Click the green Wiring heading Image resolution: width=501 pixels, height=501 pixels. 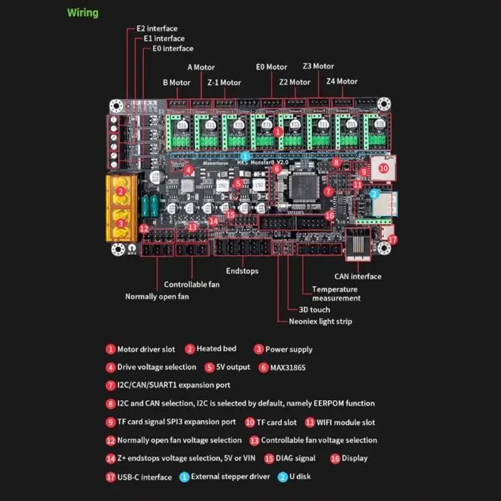[83, 13]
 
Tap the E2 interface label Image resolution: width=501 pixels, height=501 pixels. [157, 28]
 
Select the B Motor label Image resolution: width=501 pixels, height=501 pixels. [177, 82]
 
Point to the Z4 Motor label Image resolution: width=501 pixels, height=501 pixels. [341, 81]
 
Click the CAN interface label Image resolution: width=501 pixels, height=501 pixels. [357, 276]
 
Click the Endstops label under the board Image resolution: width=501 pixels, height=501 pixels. [243, 271]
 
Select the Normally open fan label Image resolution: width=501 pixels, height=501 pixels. [157, 296]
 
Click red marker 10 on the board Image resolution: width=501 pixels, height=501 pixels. [383, 168]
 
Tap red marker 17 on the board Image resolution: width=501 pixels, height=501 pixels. [392, 239]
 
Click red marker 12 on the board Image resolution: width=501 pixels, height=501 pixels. [144, 229]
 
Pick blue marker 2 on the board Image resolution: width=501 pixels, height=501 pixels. [374, 194]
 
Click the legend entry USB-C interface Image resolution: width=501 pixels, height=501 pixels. [144, 477]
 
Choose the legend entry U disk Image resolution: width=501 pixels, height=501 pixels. [299, 477]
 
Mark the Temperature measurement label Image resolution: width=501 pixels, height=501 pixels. [336, 294]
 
